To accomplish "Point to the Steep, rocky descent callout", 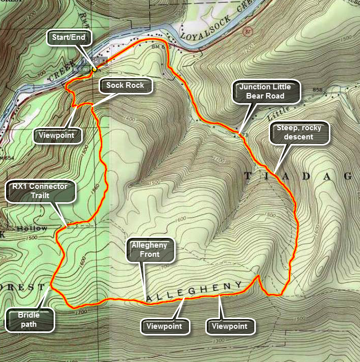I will [x=299, y=133].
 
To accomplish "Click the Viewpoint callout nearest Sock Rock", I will [x=59, y=135].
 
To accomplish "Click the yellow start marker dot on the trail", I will [x=95, y=68].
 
